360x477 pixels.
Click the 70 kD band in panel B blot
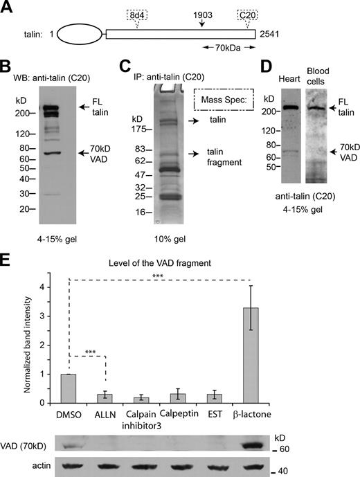click(48, 153)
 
